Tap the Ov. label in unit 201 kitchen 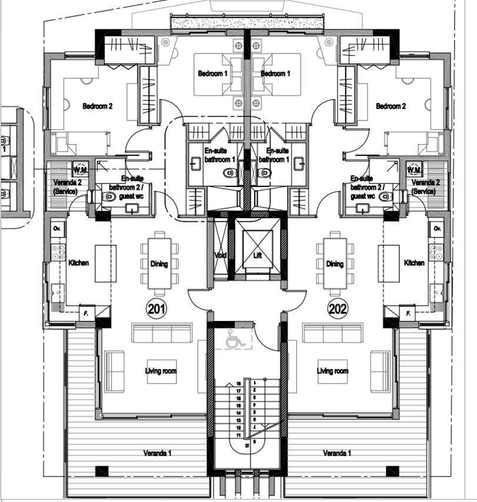tap(57, 227)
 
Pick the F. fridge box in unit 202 tap(406, 313)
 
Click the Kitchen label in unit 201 tap(79, 263)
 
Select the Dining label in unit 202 tap(335, 264)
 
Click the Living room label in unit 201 tap(161, 371)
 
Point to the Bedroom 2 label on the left tap(97, 106)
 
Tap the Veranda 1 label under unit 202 tap(337, 453)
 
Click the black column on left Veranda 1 tap(102, 471)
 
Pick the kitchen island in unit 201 tap(105, 263)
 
